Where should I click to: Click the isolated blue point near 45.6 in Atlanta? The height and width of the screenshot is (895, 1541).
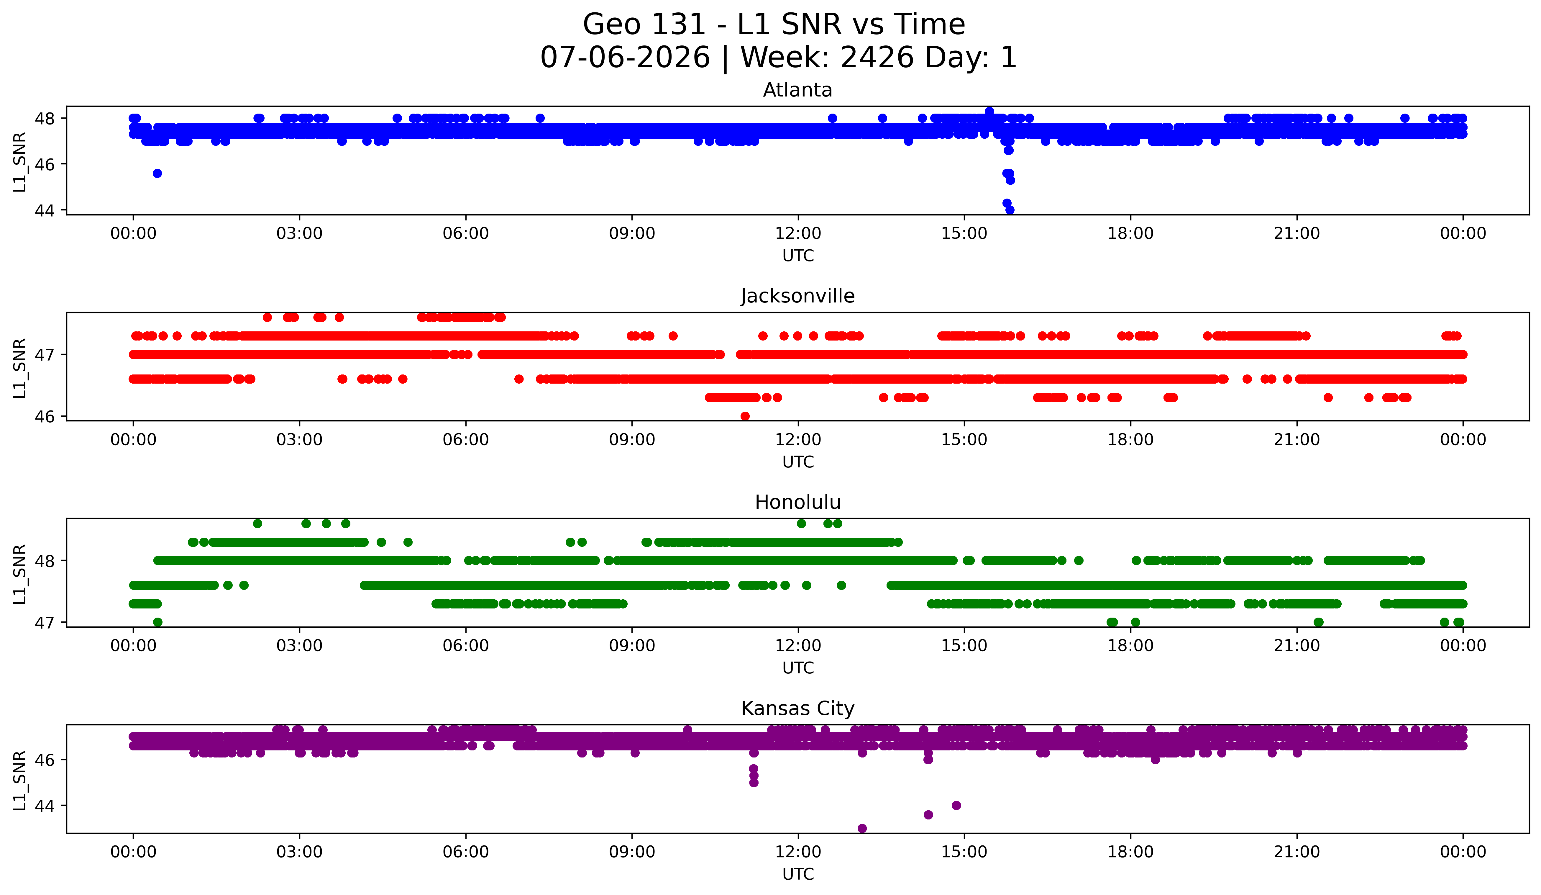(157, 173)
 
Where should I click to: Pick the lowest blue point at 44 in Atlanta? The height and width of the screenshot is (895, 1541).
(1010, 210)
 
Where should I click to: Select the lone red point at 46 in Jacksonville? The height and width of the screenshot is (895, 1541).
(745, 416)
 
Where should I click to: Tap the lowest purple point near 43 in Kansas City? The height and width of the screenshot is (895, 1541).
(862, 828)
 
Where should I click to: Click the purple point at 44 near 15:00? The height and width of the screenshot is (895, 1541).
(956, 805)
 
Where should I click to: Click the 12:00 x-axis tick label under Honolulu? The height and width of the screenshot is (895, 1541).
(798, 645)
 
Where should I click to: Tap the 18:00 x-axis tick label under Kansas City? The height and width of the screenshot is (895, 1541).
(1131, 852)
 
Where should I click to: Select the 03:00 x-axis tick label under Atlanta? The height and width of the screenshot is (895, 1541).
(300, 233)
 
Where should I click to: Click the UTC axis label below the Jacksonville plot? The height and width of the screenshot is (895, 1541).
(798, 462)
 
